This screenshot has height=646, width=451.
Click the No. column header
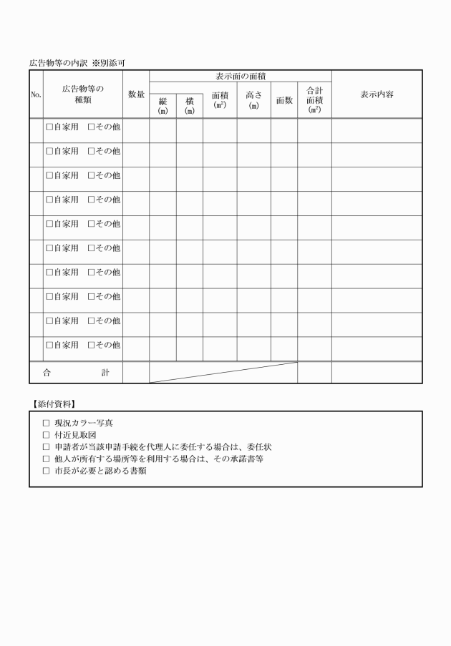pos(36,94)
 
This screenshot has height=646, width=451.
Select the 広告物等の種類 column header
pos(82,94)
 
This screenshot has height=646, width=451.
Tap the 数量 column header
pos(136,94)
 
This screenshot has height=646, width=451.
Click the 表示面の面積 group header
pos(241,76)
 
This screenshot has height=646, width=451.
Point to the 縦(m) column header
pos(163,106)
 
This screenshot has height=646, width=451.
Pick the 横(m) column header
pos(190,106)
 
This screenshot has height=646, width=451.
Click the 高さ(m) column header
pos(253,99)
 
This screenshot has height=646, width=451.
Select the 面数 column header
pos(284,100)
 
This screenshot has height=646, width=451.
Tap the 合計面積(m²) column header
pos(314,99)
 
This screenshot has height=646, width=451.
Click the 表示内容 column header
pos(377,94)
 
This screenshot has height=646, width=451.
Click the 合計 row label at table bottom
pos(76,372)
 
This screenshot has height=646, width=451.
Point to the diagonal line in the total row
pos(223,372)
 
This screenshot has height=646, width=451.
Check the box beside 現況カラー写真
pos(47,423)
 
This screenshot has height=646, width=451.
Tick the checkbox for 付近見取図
pos(47,435)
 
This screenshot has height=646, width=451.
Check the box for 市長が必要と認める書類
pos(47,471)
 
